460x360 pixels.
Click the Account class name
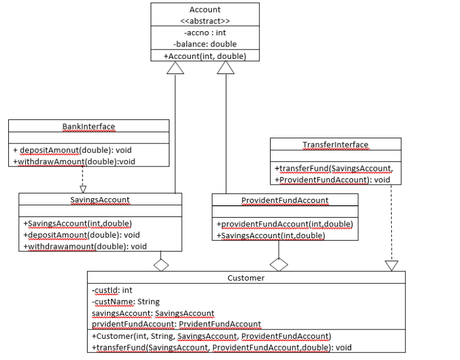tap(205, 9)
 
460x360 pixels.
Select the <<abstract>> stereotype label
tap(205, 21)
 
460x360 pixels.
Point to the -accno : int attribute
tap(205, 33)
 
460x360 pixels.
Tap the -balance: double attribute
tap(205, 44)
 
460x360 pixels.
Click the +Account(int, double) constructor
tap(205, 56)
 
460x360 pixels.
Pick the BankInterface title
tap(89, 126)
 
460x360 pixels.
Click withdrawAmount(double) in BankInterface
tap(65, 161)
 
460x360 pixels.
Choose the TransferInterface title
tap(335, 145)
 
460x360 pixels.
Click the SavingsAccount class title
tap(100, 200)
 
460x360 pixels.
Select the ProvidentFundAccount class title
tap(285, 201)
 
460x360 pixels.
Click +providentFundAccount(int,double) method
tap(285, 224)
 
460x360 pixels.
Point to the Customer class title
tap(246, 278)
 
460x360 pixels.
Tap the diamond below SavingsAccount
tap(161, 265)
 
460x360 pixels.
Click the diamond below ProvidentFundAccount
tap(278, 265)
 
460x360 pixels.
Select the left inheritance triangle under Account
tap(176, 68)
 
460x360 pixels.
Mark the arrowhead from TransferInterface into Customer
tap(391, 265)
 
